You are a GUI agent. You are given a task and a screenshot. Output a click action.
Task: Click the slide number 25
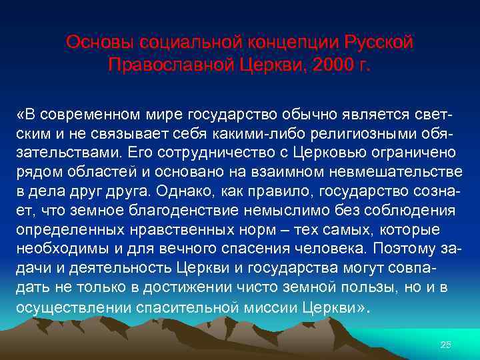[446, 345]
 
